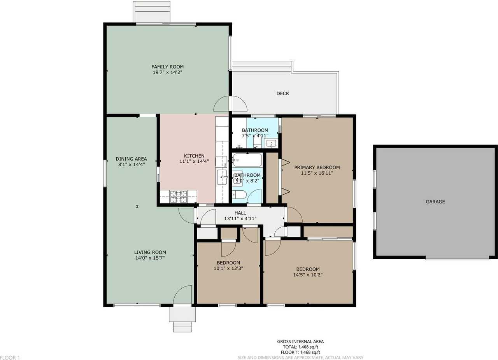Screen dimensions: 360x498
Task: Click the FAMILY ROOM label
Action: click(x=167, y=67)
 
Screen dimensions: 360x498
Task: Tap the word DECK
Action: click(x=282, y=93)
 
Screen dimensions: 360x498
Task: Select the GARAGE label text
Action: click(x=435, y=202)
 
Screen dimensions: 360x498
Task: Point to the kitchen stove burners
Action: click(x=179, y=197)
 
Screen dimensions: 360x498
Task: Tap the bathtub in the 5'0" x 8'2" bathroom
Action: click(x=247, y=160)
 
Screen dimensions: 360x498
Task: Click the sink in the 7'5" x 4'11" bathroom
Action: click(x=272, y=144)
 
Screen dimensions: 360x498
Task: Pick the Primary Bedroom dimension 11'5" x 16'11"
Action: click(x=317, y=173)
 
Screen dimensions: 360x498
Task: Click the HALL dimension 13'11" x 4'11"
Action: click(x=240, y=219)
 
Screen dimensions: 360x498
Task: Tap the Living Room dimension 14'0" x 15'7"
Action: click(x=150, y=258)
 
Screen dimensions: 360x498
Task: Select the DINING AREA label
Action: click(x=131, y=159)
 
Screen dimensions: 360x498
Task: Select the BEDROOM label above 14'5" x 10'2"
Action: click(x=308, y=269)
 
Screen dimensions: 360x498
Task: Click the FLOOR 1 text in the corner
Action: click(x=10, y=357)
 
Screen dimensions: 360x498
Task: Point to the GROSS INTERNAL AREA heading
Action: click(x=300, y=341)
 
